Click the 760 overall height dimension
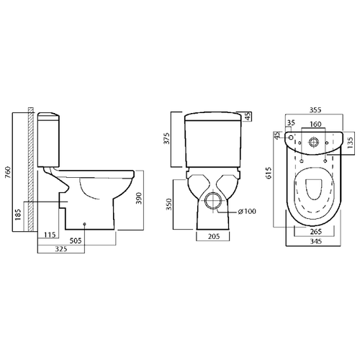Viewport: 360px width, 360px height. (x=9, y=172)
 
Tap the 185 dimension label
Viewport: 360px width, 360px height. (x=18, y=215)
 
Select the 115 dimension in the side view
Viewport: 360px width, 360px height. (x=50, y=235)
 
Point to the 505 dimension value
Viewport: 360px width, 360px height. (x=76, y=240)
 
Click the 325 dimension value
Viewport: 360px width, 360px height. (x=61, y=249)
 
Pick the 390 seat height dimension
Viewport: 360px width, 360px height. (x=139, y=198)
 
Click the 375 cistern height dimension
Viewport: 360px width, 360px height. (x=167, y=138)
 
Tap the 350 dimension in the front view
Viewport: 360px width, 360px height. (x=169, y=204)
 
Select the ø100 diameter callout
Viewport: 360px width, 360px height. (x=247, y=212)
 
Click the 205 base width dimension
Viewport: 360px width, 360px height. (x=214, y=237)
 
